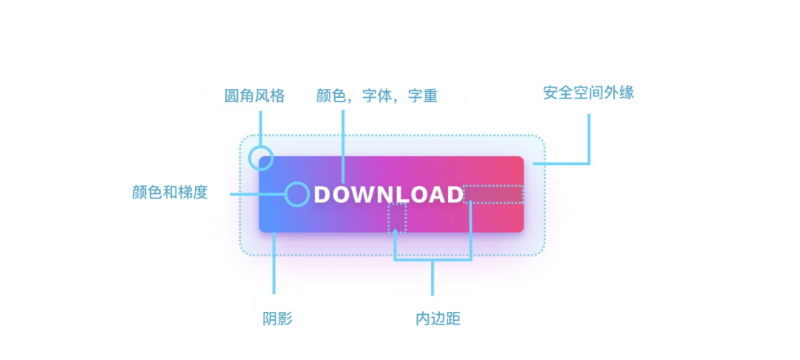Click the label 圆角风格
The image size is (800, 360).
coord(254,96)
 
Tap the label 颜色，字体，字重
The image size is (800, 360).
coord(376,96)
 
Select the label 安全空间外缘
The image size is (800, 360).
coord(588,93)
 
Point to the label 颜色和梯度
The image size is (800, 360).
coord(170,193)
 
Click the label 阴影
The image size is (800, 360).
coord(277,319)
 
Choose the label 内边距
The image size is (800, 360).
coord(439,319)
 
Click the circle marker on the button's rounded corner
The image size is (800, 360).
coord(261,158)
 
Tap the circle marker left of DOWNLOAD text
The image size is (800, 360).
coord(297,194)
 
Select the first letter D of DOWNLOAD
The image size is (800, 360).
coord(322,195)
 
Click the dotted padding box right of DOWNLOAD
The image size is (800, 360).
coord(493,194)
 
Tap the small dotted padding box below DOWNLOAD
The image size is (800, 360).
coord(397,218)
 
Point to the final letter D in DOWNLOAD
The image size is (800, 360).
coord(454,195)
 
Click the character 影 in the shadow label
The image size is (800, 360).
coord(284,319)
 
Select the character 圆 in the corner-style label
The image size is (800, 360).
coord(232,96)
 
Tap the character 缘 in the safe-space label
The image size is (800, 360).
coord(627,93)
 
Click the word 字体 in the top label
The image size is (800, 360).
coord(376,96)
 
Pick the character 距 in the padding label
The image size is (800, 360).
coord(453,319)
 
